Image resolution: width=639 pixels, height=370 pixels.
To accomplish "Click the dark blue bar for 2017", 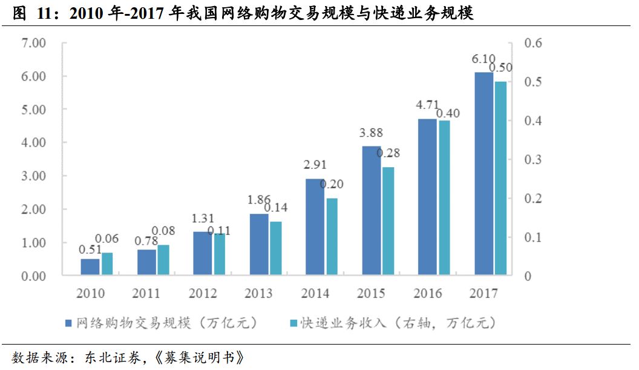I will click(483, 174).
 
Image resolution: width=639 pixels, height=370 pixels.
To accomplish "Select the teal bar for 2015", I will click(388, 221).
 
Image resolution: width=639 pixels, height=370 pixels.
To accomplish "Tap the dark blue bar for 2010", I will click(90, 267).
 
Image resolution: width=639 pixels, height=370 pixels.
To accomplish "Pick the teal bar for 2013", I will click(276, 248).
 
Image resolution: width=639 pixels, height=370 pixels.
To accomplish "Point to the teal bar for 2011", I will click(163, 260).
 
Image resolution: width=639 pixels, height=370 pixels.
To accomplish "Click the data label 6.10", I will click(483, 59).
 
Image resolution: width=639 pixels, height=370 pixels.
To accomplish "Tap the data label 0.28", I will click(388, 153).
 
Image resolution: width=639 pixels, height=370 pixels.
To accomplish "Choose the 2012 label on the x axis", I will click(203, 294).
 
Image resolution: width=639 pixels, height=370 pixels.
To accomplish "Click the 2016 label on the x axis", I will click(427, 294).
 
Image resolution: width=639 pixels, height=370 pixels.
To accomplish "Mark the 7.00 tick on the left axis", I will click(33, 43).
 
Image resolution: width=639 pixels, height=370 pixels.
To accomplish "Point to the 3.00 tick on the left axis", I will click(33, 176).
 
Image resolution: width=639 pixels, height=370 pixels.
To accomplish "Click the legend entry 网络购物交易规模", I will click(161, 322).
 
